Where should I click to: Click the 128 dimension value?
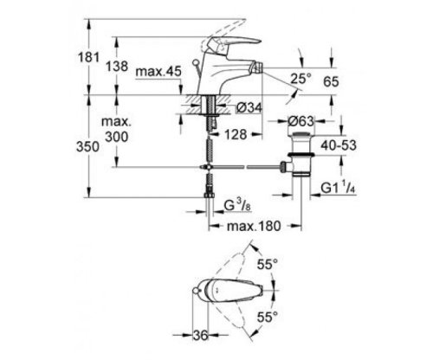pos(229,136)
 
